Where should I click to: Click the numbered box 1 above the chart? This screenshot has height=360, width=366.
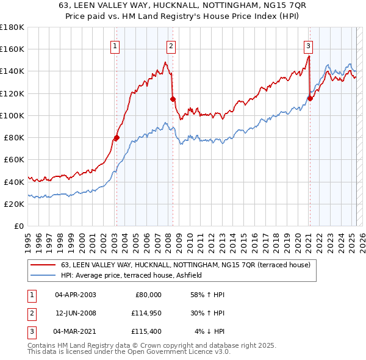click(115, 45)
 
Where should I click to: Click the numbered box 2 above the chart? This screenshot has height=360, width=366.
click(171, 45)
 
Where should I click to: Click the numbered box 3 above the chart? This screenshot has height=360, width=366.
click(309, 45)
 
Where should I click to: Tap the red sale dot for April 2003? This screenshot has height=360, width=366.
click(117, 138)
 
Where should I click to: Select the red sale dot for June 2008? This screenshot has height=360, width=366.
click(173, 99)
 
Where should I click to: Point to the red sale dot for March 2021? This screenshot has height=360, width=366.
click(310, 99)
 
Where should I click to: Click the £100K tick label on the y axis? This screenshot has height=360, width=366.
click(12, 115)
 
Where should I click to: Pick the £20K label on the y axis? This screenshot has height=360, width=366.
click(15, 204)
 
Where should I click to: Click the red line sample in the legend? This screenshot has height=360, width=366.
click(43, 265)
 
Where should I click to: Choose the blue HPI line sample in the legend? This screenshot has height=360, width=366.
click(43, 275)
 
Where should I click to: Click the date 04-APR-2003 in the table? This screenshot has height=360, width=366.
click(76, 294)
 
